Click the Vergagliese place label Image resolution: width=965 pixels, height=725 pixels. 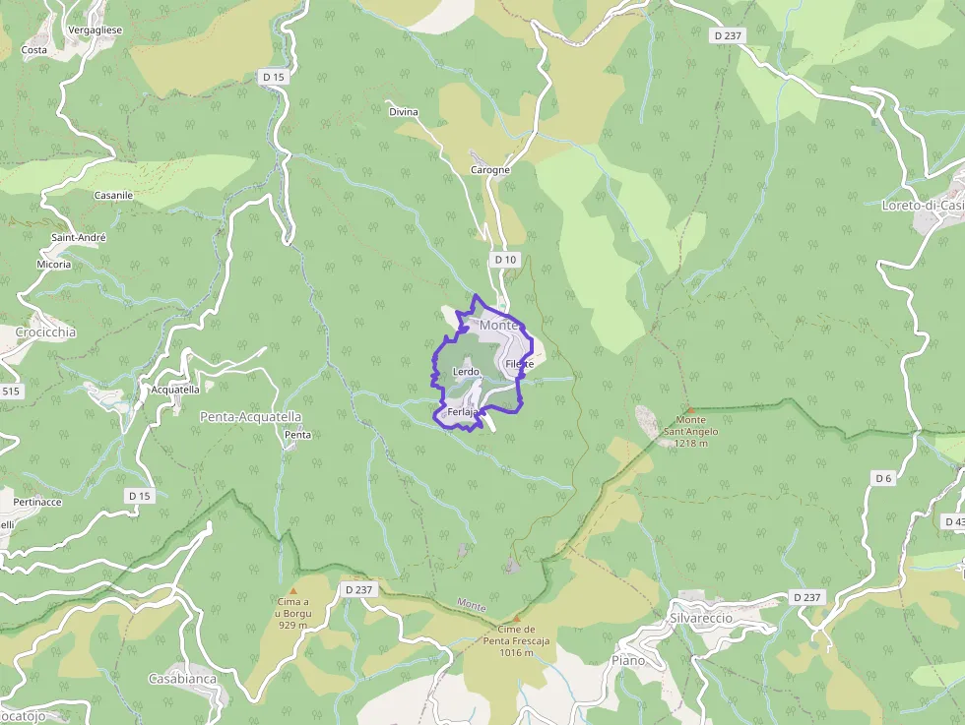click(x=96, y=30)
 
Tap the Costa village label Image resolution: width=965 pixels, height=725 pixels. click(x=34, y=49)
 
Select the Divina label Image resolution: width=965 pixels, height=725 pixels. click(x=404, y=112)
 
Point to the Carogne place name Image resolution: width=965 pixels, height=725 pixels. click(x=490, y=170)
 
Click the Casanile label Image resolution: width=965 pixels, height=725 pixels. click(x=113, y=196)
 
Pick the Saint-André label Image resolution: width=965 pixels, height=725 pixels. click(x=79, y=237)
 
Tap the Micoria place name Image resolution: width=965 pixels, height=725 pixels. click(x=54, y=265)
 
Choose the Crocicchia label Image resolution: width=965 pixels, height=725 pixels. click(x=45, y=332)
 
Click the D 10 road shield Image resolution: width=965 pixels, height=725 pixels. click(x=505, y=259)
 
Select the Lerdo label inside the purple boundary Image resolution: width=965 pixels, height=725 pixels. click(x=465, y=372)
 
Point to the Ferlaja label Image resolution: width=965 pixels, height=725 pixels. click(x=462, y=412)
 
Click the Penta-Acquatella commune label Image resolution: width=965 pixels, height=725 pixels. click(x=250, y=417)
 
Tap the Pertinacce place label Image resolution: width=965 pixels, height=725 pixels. click(x=38, y=502)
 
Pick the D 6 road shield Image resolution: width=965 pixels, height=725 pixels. click(x=883, y=478)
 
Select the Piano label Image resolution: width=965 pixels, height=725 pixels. click(x=628, y=660)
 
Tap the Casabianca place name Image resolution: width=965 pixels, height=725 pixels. click(x=182, y=679)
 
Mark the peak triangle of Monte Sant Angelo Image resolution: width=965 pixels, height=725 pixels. click(x=690, y=410)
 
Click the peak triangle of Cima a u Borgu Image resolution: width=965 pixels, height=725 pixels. click(x=292, y=590)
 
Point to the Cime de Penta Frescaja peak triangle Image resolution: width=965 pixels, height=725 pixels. click(x=516, y=619)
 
